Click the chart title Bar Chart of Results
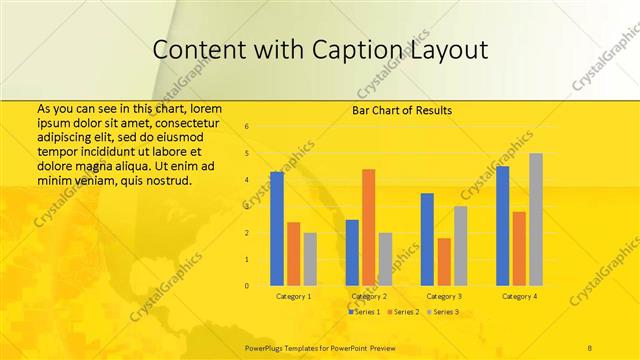click(402, 110)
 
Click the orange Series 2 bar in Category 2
click(368, 227)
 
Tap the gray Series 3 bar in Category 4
click(536, 219)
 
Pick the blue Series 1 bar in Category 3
click(427, 239)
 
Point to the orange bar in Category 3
click(444, 261)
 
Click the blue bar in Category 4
click(502, 225)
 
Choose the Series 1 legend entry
click(364, 312)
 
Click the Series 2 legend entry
click(402, 312)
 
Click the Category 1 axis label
click(294, 296)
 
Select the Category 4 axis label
click(519, 296)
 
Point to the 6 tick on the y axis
click(246, 127)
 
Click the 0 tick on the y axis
click(246, 286)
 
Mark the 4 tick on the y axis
click(246, 180)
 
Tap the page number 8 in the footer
click(590, 346)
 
